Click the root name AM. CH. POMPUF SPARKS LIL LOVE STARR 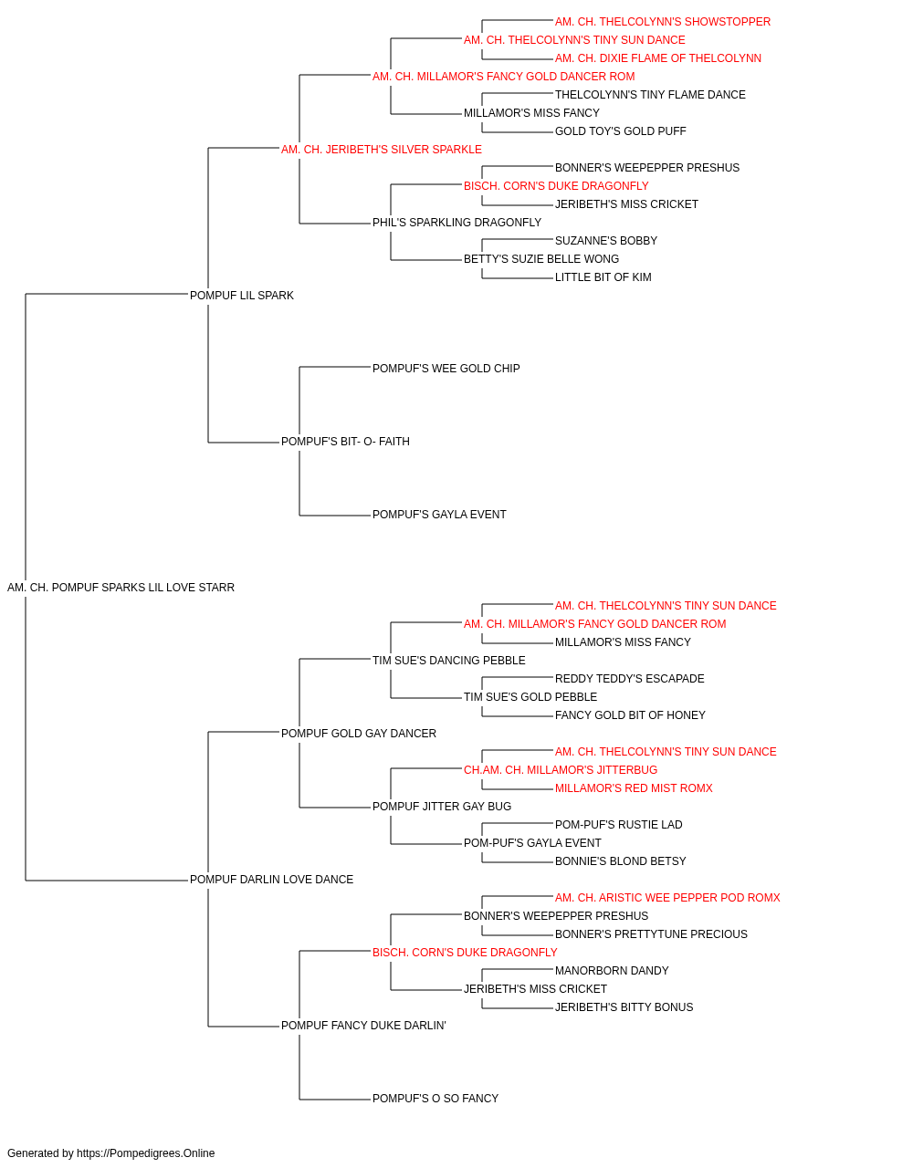121,588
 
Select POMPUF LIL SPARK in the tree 242,296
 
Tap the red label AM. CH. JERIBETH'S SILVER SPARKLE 382,150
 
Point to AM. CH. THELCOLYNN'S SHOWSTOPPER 663,22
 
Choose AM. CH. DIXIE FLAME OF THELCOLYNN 658,58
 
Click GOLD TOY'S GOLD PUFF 621,131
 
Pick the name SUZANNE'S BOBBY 606,241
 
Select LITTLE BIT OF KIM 603,277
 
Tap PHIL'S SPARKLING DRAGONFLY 457,223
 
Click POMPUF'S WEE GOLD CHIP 446,369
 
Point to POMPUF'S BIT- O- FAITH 345,442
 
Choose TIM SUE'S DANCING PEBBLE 449,661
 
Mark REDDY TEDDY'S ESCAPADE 630,679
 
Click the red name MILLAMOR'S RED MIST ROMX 634,788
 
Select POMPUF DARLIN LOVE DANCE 271,880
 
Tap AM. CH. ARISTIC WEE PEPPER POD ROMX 667,898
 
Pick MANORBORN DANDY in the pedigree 612,971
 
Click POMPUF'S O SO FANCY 436,1099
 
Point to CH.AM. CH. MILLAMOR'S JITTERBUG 561,770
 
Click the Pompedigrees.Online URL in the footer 146,1153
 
